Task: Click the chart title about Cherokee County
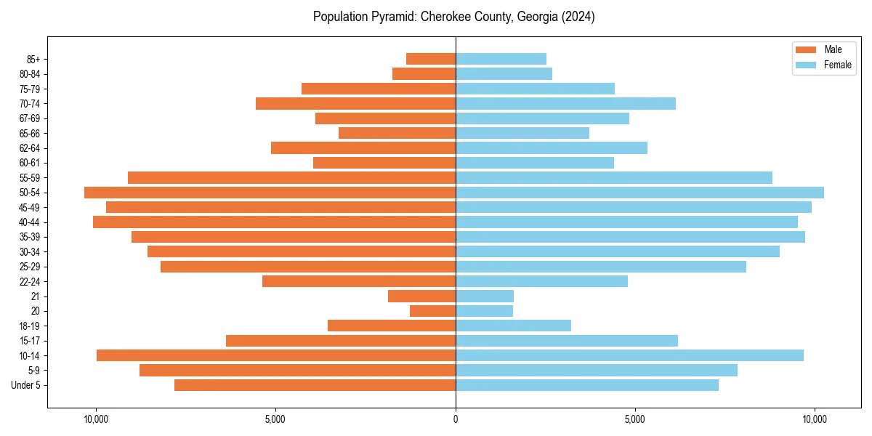[x=453, y=17]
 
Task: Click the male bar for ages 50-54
[x=270, y=193]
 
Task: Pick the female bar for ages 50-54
[x=639, y=193]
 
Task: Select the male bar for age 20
[x=432, y=311]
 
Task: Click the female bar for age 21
[x=485, y=296]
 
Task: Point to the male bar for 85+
[x=431, y=59]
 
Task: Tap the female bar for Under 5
[x=587, y=385]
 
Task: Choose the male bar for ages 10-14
[x=276, y=355]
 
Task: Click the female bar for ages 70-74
[x=565, y=104]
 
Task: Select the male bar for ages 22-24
[x=359, y=281]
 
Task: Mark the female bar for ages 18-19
[x=513, y=326]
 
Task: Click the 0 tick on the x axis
[x=456, y=419]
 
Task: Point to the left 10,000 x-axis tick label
[x=96, y=419]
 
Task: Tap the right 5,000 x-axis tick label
[x=635, y=419]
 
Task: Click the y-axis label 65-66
[x=30, y=134]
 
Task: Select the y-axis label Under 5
[x=26, y=385]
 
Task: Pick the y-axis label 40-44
[x=30, y=222]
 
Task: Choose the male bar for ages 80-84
[x=424, y=74]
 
